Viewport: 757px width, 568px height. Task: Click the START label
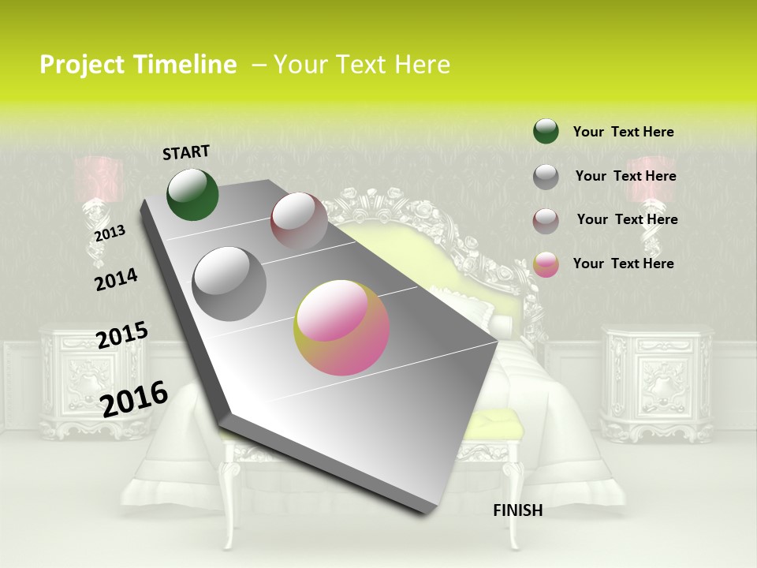coord(186,152)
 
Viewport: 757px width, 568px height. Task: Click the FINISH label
coord(517,510)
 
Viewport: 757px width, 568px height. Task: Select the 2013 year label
coord(110,233)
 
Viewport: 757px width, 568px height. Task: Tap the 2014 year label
coord(116,279)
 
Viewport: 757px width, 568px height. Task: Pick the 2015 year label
coord(122,335)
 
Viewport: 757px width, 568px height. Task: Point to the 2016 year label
coord(134,398)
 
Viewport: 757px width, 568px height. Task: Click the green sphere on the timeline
coord(192,194)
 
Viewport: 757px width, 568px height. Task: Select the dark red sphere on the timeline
coord(299,221)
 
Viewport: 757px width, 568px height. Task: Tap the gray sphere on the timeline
coord(229,283)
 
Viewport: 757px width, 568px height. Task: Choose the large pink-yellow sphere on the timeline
coord(341,327)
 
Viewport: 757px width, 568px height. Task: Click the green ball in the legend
coord(546,132)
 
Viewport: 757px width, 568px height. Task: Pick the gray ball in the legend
coord(546,177)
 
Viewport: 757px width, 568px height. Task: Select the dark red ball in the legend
coord(546,221)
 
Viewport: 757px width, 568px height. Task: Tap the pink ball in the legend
coord(546,264)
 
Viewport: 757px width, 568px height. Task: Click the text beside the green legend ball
coord(623,132)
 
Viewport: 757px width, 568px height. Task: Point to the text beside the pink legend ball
coord(623,263)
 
